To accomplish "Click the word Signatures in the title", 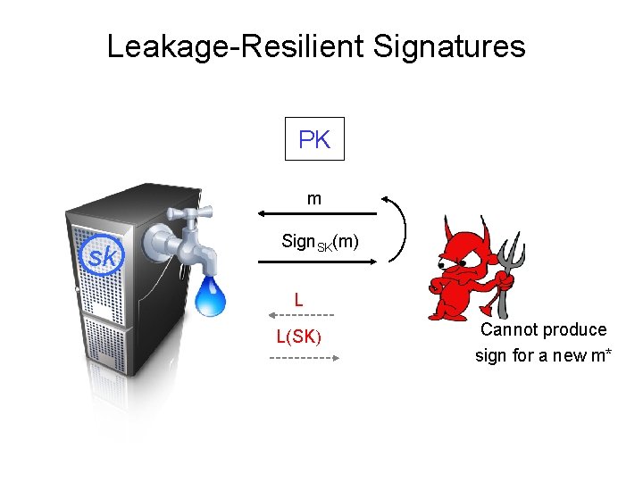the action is tap(449, 46).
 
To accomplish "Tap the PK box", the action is tap(314, 139).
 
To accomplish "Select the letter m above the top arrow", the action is tap(314, 199).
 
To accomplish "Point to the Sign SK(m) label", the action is tap(320, 242).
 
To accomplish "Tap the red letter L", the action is tap(299, 301).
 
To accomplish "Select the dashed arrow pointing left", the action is tap(301, 315).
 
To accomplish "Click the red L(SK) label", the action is tap(299, 337).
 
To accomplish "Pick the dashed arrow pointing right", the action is tap(304, 358).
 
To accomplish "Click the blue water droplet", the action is tap(211, 296).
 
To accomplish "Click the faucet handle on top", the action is tap(192, 212).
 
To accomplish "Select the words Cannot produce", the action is tap(543, 329).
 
